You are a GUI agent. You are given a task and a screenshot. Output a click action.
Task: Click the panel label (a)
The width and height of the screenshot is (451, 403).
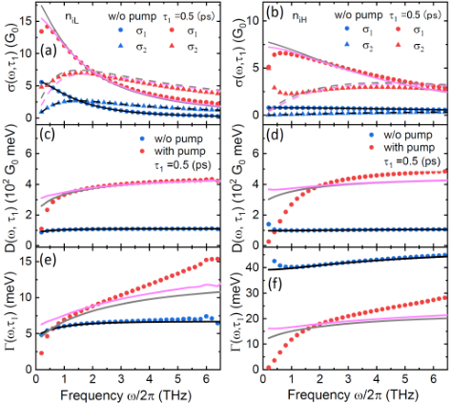[49, 51]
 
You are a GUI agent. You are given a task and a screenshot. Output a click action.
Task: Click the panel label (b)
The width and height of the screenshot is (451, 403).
[275, 14]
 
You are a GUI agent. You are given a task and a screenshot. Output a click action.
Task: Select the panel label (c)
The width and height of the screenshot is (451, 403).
[47, 134]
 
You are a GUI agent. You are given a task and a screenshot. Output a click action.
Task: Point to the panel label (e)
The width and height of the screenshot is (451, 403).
[48, 260]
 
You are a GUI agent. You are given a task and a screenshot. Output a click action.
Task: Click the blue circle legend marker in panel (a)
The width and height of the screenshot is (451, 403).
[120, 31]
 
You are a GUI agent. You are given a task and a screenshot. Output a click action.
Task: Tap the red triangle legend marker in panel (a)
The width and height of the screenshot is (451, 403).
[173, 46]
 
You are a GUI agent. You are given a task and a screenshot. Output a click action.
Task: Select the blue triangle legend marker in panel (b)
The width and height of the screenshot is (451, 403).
[348, 45]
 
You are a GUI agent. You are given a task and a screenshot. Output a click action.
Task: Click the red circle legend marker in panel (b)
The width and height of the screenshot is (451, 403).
[398, 29]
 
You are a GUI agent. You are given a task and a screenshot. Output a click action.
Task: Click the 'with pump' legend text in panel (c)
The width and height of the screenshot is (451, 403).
[180, 151]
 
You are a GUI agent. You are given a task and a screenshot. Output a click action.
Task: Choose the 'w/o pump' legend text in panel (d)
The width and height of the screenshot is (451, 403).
[408, 135]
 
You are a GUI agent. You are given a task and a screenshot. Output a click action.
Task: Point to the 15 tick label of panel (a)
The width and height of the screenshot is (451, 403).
[25, 21]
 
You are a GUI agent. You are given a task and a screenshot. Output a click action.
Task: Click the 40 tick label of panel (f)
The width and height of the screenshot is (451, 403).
[252, 267]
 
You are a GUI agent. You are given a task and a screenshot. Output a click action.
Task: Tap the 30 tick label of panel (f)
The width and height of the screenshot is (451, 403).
[252, 293]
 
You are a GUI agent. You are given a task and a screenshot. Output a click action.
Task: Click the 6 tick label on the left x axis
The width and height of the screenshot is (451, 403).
[206, 379]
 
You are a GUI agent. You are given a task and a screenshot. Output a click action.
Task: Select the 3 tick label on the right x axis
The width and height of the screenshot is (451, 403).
[348, 379]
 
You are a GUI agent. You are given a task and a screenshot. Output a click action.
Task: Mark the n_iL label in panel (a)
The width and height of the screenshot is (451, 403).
[72, 17]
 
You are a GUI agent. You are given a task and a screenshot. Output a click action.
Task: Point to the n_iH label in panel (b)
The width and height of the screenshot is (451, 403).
[299, 17]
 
